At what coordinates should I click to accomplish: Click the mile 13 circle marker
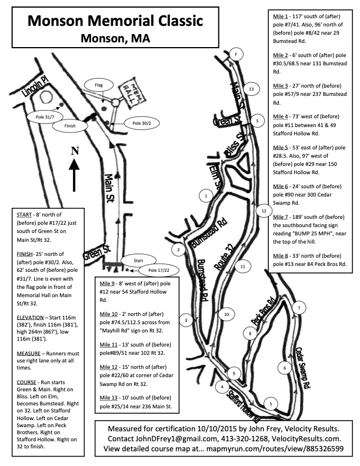pyautogui.click(x=251, y=89)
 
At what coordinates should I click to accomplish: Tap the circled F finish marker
pyautogui.click(x=236, y=54)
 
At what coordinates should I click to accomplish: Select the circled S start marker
pyautogui.click(x=257, y=121)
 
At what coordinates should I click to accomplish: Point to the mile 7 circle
pyautogui.click(x=299, y=308)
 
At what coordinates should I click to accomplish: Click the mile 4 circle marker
pyautogui.click(x=222, y=387)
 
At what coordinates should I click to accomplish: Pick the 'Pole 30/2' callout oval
pyautogui.click(x=142, y=123)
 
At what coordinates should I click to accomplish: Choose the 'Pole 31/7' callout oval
pyautogui.click(x=45, y=117)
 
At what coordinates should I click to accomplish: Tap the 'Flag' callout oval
pyautogui.click(x=99, y=85)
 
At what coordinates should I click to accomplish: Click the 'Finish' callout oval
pyautogui.click(x=70, y=126)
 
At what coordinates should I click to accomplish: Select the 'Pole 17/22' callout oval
pyautogui.click(x=159, y=270)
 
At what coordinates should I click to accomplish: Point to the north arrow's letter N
pyautogui.click(x=75, y=151)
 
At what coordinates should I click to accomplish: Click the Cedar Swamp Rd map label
pyautogui.click(x=304, y=368)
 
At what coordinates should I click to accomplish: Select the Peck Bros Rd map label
pyautogui.click(x=263, y=311)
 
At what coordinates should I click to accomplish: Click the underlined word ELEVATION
pyautogui.click(x=31, y=317)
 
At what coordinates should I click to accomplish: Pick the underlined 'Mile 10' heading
pyautogui.click(x=109, y=314)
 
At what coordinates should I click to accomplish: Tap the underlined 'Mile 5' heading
pyautogui.click(x=281, y=148)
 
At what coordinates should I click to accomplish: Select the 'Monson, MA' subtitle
pyautogui.click(x=115, y=38)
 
